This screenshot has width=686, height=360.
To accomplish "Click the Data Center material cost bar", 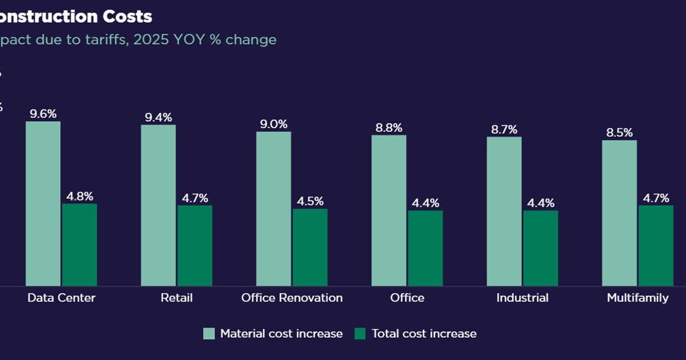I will click(43, 204).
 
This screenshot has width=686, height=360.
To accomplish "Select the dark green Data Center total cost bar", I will click(79, 245).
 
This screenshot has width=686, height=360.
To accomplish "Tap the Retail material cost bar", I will click(158, 206).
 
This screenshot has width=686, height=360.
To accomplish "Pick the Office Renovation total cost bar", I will click(310, 247).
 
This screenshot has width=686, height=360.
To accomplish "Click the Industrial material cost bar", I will click(504, 211).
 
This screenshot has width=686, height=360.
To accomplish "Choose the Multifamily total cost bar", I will click(656, 245).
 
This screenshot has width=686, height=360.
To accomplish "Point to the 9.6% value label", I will click(43, 114).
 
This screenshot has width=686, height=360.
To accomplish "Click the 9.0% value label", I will click(274, 124).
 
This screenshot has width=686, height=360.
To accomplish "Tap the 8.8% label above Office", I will click(389, 128).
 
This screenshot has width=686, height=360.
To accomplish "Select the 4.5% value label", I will click(310, 201).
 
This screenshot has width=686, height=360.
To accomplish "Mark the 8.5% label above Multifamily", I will click(619, 133).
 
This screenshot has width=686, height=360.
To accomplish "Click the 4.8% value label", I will click(79, 196).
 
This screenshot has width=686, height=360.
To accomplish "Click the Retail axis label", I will click(177, 298).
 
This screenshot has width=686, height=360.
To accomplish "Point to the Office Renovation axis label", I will click(292, 298).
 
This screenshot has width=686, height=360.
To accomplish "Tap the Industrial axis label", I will click(522, 298).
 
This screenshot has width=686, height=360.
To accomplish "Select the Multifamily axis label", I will click(637, 298).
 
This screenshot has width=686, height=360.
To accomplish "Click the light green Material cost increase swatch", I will click(209, 334).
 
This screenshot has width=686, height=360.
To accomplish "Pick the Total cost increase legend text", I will click(424, 334).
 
